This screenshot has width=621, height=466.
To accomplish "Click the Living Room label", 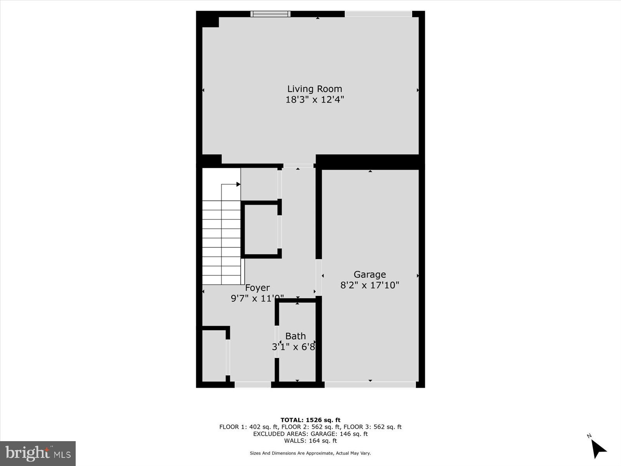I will [314, 89].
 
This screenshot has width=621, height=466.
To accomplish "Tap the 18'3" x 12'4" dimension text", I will [314, 100].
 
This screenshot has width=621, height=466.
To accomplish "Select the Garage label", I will [369, 275].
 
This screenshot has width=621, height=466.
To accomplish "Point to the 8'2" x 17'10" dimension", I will [369, 285].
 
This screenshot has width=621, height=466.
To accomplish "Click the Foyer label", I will [257, 288].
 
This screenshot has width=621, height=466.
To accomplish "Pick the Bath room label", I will [295, 336].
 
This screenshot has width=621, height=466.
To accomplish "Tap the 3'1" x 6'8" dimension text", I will [293, 347].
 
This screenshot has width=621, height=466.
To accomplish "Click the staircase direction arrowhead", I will [238, 184].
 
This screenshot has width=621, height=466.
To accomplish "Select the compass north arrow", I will [599, 449].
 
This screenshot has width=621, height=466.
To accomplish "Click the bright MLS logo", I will [38, 453].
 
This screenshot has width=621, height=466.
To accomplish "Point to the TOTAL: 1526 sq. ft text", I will [310, 420].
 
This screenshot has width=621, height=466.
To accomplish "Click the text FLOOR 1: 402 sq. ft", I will [248, 427].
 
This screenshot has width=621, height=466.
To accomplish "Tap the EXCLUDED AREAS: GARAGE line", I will [310, 434].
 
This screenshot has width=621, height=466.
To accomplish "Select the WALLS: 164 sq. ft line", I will [310, 441].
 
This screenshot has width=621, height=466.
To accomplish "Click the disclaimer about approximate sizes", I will [310, 453].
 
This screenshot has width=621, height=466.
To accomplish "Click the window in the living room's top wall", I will [271, 14].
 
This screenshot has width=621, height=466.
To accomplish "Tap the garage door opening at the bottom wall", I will [370, 384].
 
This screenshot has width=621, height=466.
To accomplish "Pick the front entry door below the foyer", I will [253, 384].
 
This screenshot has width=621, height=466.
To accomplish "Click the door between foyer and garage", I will [319, 277].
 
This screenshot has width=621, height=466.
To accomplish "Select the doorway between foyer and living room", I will [298, 166].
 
